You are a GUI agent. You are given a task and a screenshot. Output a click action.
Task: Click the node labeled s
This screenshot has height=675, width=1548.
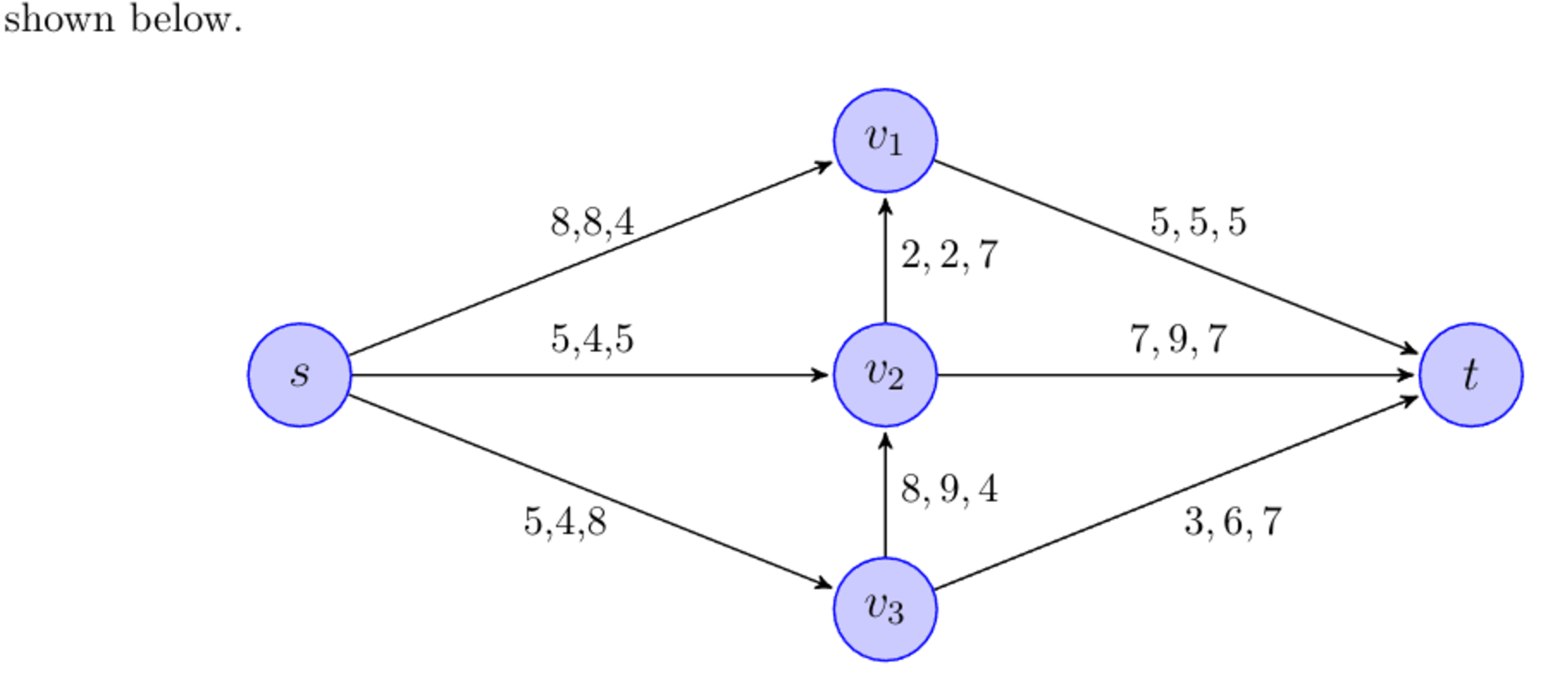click(300, 375)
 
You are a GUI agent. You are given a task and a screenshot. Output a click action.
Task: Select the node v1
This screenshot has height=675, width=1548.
click(885, 139)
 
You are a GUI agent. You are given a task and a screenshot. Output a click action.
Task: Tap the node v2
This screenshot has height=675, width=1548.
click(885, 375)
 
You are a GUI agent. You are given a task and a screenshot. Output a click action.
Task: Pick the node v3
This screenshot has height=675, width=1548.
click(885, 609)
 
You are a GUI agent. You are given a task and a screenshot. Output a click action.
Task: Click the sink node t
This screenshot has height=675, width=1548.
click(1471, 375)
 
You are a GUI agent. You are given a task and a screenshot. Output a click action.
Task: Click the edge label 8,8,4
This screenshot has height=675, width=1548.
click(592, 223)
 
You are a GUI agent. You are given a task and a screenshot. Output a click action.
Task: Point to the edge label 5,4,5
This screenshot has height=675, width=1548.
click(592, 339)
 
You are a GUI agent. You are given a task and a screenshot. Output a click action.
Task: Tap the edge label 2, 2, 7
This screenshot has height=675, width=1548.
click(950, 256)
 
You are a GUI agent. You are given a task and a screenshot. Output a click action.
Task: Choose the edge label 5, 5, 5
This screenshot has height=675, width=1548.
click(1198, 223)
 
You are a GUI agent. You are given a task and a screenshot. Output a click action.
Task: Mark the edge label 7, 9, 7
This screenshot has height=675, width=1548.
click(1179, 340)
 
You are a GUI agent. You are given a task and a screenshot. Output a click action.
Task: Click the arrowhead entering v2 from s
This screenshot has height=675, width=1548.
click(820, 375)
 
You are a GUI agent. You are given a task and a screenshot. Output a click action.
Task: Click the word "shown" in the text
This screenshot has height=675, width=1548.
click(59, 19)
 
